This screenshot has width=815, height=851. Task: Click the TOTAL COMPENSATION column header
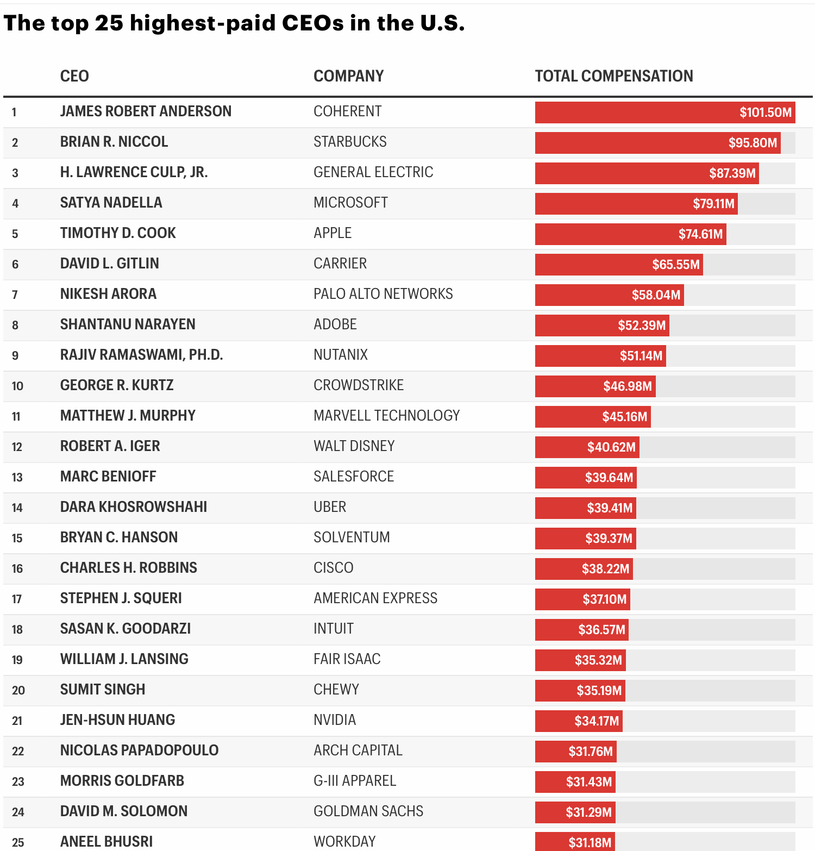pyautogui.click(x=613, y=76)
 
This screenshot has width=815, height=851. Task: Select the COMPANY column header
pyautogui.click(x=348, y=76)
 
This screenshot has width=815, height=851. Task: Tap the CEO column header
pyautogui.click(x=74, y=76)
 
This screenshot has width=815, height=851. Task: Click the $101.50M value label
pyautogui.click(x=765, y=112)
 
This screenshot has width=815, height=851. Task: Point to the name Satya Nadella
pyautogui.click(x=111, y=203)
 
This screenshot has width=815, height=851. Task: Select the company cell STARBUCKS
pyautogui.click(x=350, y=142)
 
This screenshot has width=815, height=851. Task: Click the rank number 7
pyautogui.click(x=15, y=295)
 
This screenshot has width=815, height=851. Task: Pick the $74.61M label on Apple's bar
pyautogui.click(x=700, y=234)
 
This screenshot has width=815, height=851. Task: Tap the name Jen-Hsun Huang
pyautogui.click(x=117, y=720)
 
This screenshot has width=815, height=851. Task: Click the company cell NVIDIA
pyautogui.click(x=335, y=720)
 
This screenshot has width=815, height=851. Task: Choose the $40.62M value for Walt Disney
pyautogui.click(x=611, y=447)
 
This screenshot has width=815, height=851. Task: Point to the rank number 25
pyautogui.click(x=18, y=842)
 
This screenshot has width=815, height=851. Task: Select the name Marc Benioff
pyautogui.click(x=108, y=477)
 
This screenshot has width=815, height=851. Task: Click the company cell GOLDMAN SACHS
pyautogui.click(x=368, y=811)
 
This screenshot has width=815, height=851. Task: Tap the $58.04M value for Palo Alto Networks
pyautogui.click(x=656, y=295)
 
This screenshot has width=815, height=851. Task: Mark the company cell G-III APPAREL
pyautogui.click(x=355, y=781)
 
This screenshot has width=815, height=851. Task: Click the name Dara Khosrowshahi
pyautogui.click(x=134, y=507)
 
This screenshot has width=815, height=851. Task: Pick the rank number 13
pyautogui.click(x=17, y=477)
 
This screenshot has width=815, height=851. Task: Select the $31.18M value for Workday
pyautogui.click(x=590, y=843)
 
